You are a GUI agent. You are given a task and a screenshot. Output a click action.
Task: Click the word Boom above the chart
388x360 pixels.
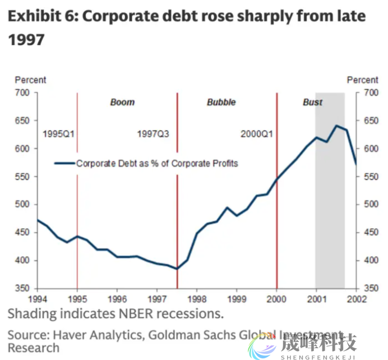tap(122, 103)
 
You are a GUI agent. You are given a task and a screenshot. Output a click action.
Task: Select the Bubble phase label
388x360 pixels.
tap(221, 103)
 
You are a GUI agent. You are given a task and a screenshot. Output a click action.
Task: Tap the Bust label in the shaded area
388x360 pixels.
tap(312, 103)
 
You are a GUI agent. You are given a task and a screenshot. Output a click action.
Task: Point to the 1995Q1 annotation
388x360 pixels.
tap(59, 135)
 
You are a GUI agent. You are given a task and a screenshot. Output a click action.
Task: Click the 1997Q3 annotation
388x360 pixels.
tap(153, 135)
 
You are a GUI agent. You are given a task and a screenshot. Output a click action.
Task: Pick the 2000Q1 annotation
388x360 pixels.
tap(257, 135)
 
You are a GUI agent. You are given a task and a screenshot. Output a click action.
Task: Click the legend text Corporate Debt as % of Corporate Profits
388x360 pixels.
tap(157, 164)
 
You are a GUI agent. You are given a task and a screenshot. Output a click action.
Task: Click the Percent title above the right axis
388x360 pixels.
tap(363, 81)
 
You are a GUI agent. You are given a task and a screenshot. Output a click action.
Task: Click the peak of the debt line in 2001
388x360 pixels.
tap(336, 126)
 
